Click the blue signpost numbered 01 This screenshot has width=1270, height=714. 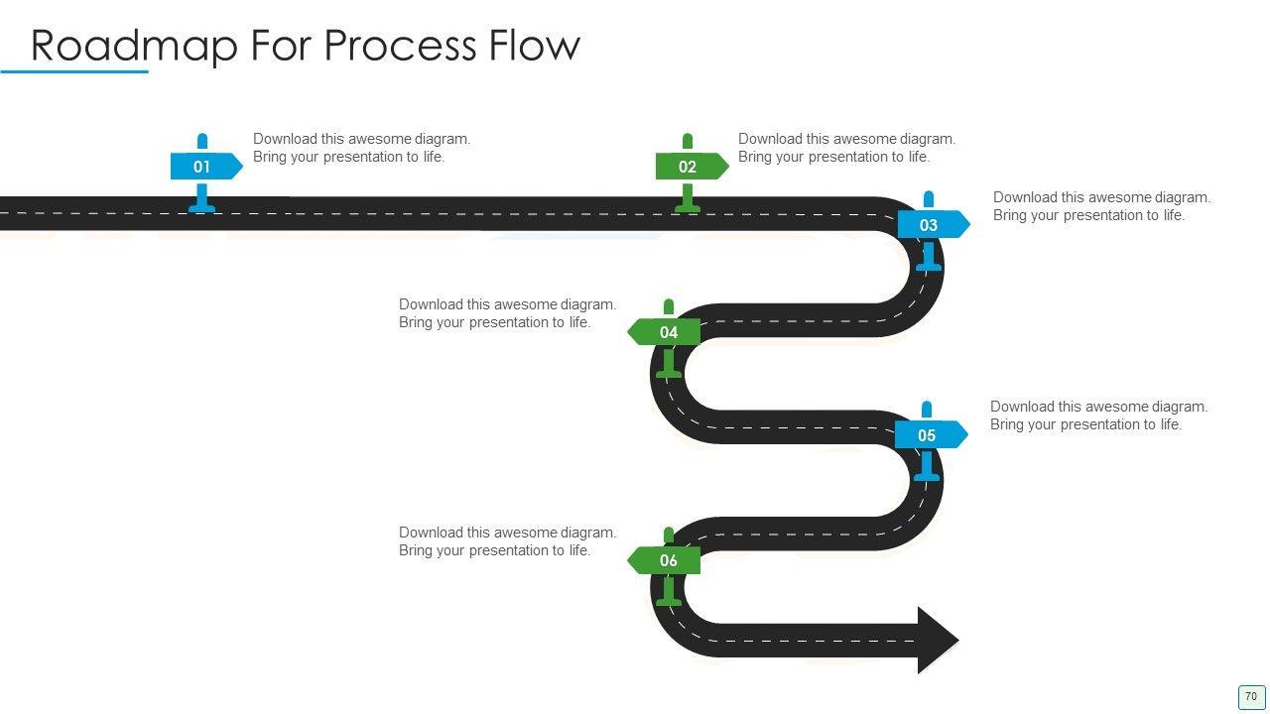(204, 167)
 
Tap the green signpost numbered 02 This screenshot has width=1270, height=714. (690, 167)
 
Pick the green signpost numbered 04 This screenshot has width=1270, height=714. (666, 332)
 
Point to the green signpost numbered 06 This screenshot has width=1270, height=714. (666, 560)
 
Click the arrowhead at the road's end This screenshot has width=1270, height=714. (936, 640)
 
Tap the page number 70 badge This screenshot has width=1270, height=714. (1251, 697)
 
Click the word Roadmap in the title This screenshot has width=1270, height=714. (134, 46)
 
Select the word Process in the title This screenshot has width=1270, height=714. (400, 46)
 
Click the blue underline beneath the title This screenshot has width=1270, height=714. (74, 71)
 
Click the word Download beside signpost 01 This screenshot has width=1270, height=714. (285, 139)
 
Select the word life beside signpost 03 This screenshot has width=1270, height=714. (1170, 215)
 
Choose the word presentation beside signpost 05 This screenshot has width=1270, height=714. (1103, 424)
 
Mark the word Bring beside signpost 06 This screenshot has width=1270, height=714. (416, 550)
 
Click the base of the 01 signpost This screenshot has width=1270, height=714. (202, 207)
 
